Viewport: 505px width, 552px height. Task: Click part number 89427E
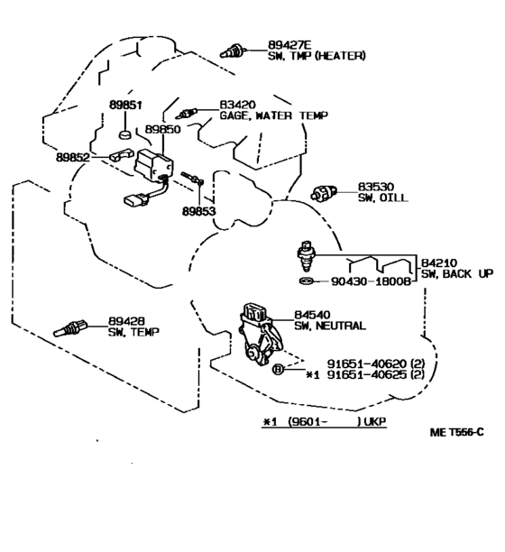(x=290, y=45)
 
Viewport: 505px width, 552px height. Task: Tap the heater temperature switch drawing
(x=233, y=51)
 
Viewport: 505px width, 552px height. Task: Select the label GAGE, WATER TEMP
(x=274, y=115)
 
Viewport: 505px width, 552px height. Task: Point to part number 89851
(x=125, y=105)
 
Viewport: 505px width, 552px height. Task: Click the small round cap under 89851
(x=125, y=134)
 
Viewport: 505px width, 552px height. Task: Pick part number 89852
(x=73, y=157)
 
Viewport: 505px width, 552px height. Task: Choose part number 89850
(x=162, y=129)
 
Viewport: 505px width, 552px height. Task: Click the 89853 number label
(x=198, y=211)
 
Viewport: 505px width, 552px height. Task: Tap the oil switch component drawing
(x=324, y=192)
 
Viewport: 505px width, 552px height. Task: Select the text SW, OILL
(x=383, y=198)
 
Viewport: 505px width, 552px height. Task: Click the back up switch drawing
(x=306, y=256)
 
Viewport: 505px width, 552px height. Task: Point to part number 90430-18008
(x=372, y=281)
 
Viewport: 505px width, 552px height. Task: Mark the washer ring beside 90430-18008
(x=307, y=281)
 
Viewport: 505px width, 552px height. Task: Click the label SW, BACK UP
(x=457, y=273)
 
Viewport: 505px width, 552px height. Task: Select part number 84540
(x=312, y=315)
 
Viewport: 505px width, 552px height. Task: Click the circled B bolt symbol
(x=278, y=369)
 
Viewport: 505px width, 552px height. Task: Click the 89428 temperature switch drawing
(x=69, y=328)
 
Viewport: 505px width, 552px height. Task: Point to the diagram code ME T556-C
(x=457, y=432)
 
